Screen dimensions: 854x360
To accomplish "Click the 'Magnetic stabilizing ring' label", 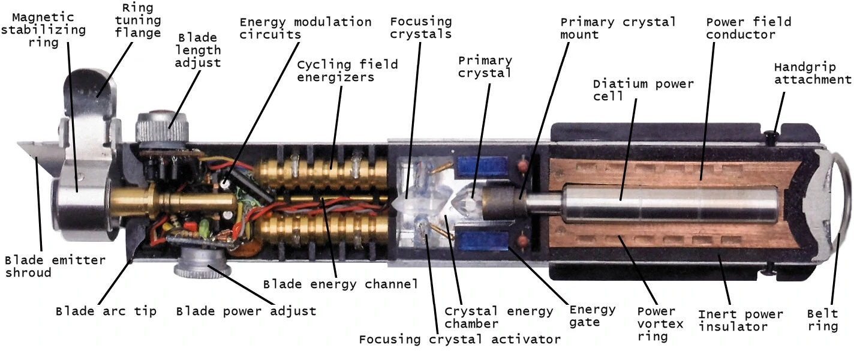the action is (x=43, y=30).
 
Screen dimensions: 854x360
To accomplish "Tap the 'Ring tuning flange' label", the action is (x=137, y=20).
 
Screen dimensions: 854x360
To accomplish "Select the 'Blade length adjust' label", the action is (x=198, y=50).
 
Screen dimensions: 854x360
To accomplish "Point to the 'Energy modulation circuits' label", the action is (x=305, y=28).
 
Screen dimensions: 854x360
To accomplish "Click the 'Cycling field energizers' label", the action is (x=347, y=71).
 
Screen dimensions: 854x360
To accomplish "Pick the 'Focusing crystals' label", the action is (x=421, y=28).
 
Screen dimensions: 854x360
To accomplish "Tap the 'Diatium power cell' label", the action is (x=643, y=90).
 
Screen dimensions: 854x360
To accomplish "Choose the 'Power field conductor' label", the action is (x=748, y=28).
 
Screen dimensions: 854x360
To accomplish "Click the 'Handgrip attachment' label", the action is (x=813, y=73).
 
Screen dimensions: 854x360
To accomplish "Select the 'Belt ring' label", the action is (x=823, y=320).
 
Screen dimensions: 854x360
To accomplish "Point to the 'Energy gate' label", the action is (x=593, y=316).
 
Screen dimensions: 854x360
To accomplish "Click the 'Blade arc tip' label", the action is (x=106, y=311).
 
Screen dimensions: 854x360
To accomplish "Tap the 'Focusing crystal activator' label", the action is (x=460, y=340).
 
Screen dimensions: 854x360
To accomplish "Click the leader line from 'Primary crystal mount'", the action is (x=544, y=121).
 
